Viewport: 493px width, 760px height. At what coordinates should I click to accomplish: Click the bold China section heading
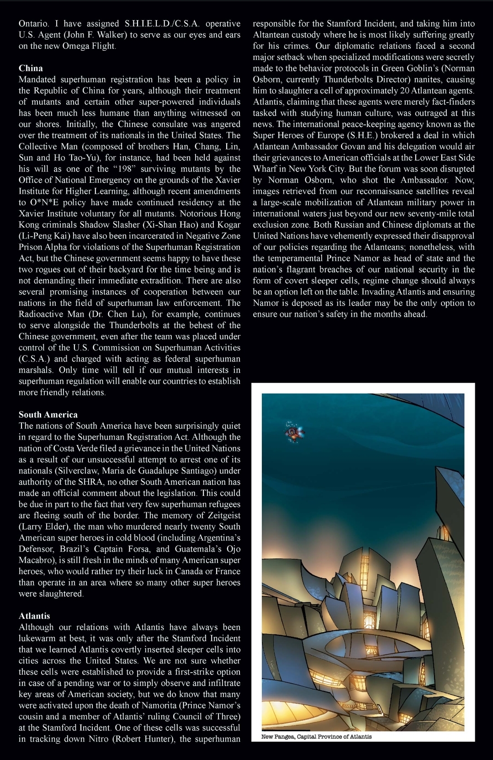pyautogui.click(x=31, y=68)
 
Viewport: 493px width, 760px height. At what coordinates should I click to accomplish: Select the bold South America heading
pyautogui.click(x=48, y=415)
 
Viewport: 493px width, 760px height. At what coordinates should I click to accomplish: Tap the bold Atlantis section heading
pyautogui.click(x=34, y=616)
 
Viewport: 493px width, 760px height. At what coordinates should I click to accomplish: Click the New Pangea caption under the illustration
pyautogui.click(x=316, y=736)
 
